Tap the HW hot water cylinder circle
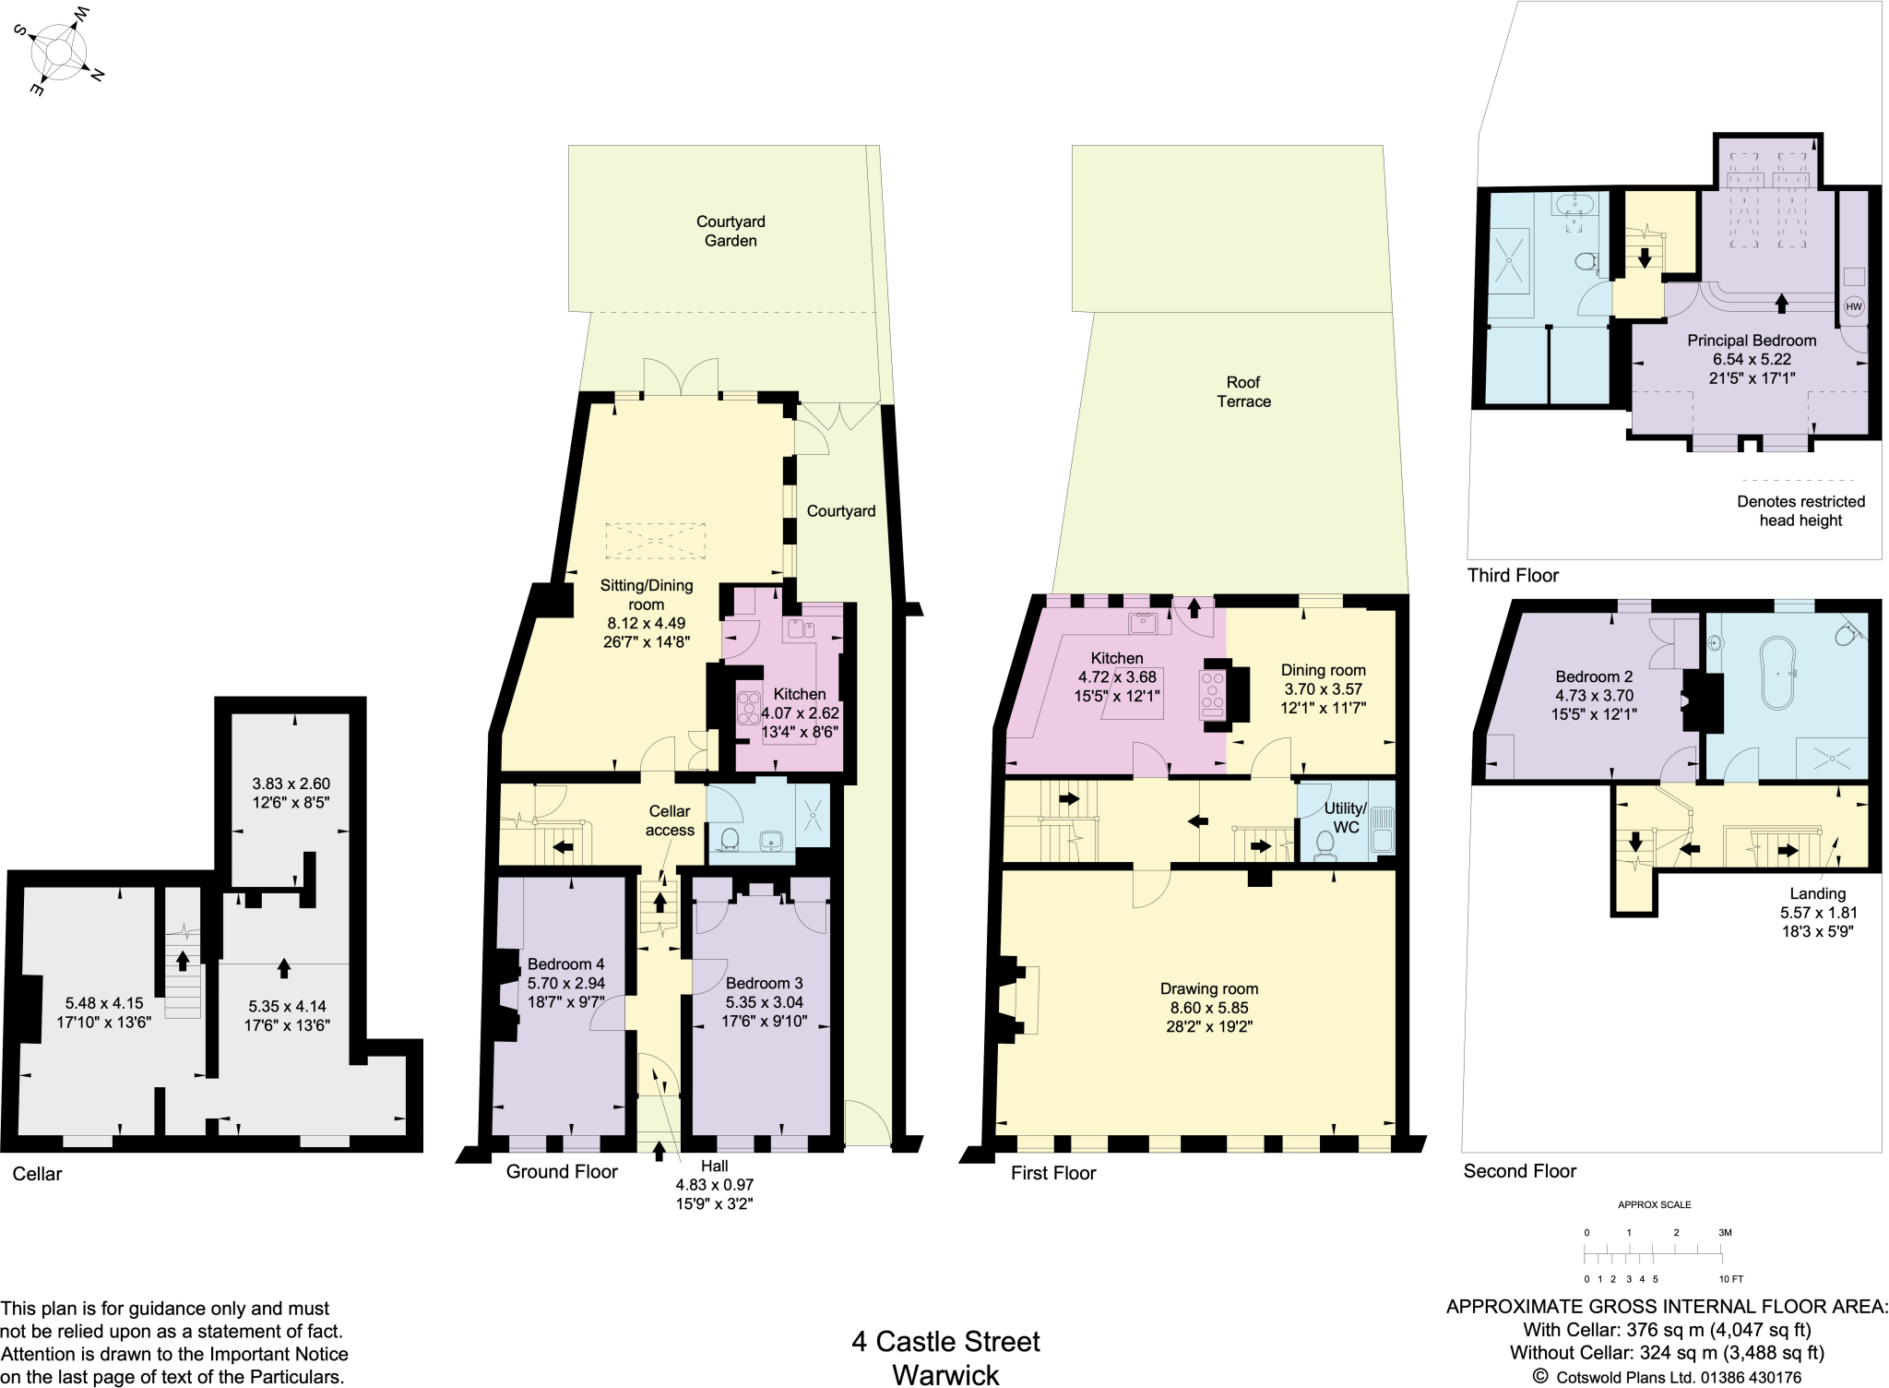coord(1853,306)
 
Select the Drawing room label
coord(1208,988)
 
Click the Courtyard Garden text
coord(731,231)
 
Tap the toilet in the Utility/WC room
coord(1325,844)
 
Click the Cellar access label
coord(670,820)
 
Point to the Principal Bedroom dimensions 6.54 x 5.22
coord(1751,359)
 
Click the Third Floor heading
coord(1513,575)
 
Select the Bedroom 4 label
coord(565,964)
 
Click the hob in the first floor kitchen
coord(1211,694)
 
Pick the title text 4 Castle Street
coord(945,1341)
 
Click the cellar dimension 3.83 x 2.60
coord(291,784)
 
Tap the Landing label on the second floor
coord(1817,893)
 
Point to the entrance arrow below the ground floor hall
coord(659,1151)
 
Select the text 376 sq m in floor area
coord(1657,1330)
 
